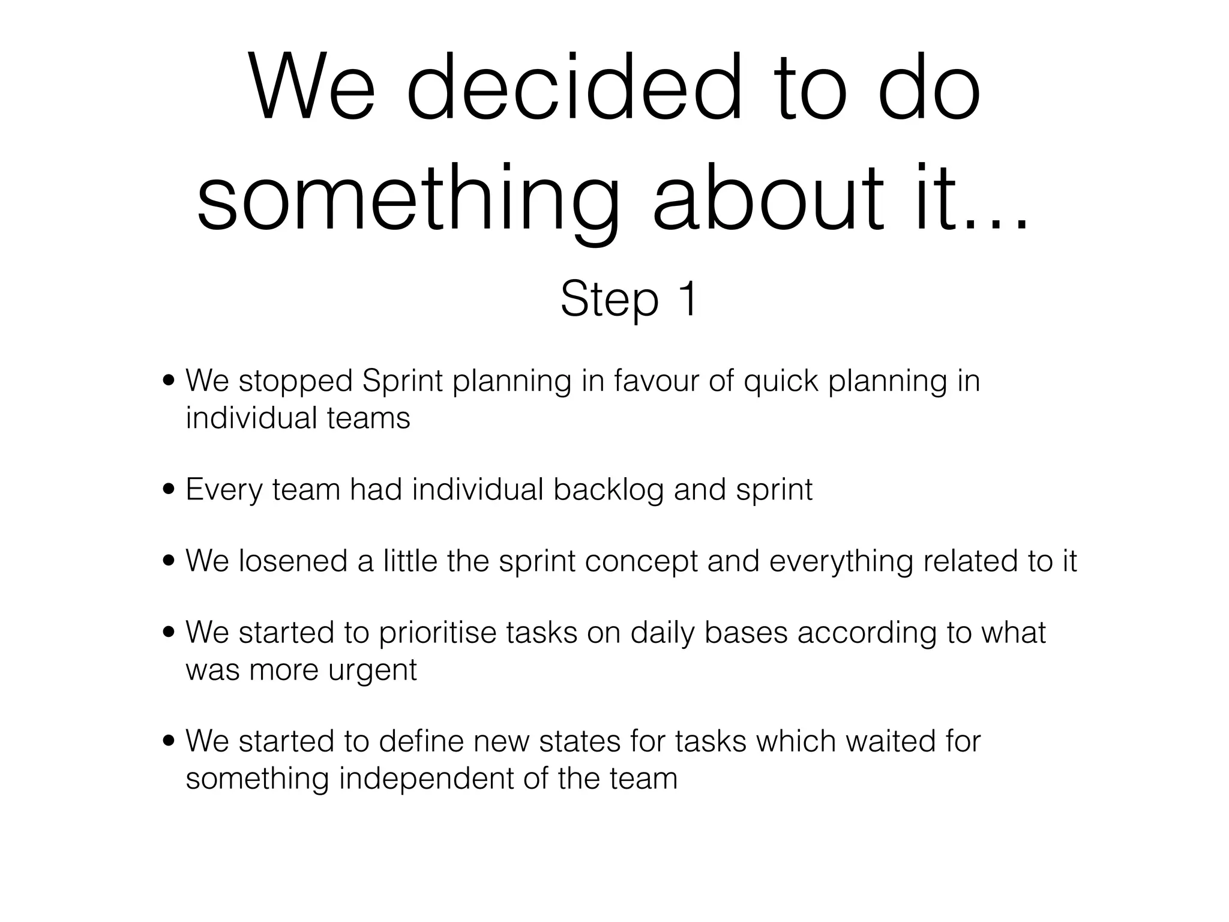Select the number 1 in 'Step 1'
687,298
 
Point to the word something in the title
407,198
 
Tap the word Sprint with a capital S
402,382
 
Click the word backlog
608,490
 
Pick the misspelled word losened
293,561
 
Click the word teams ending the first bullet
368,418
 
